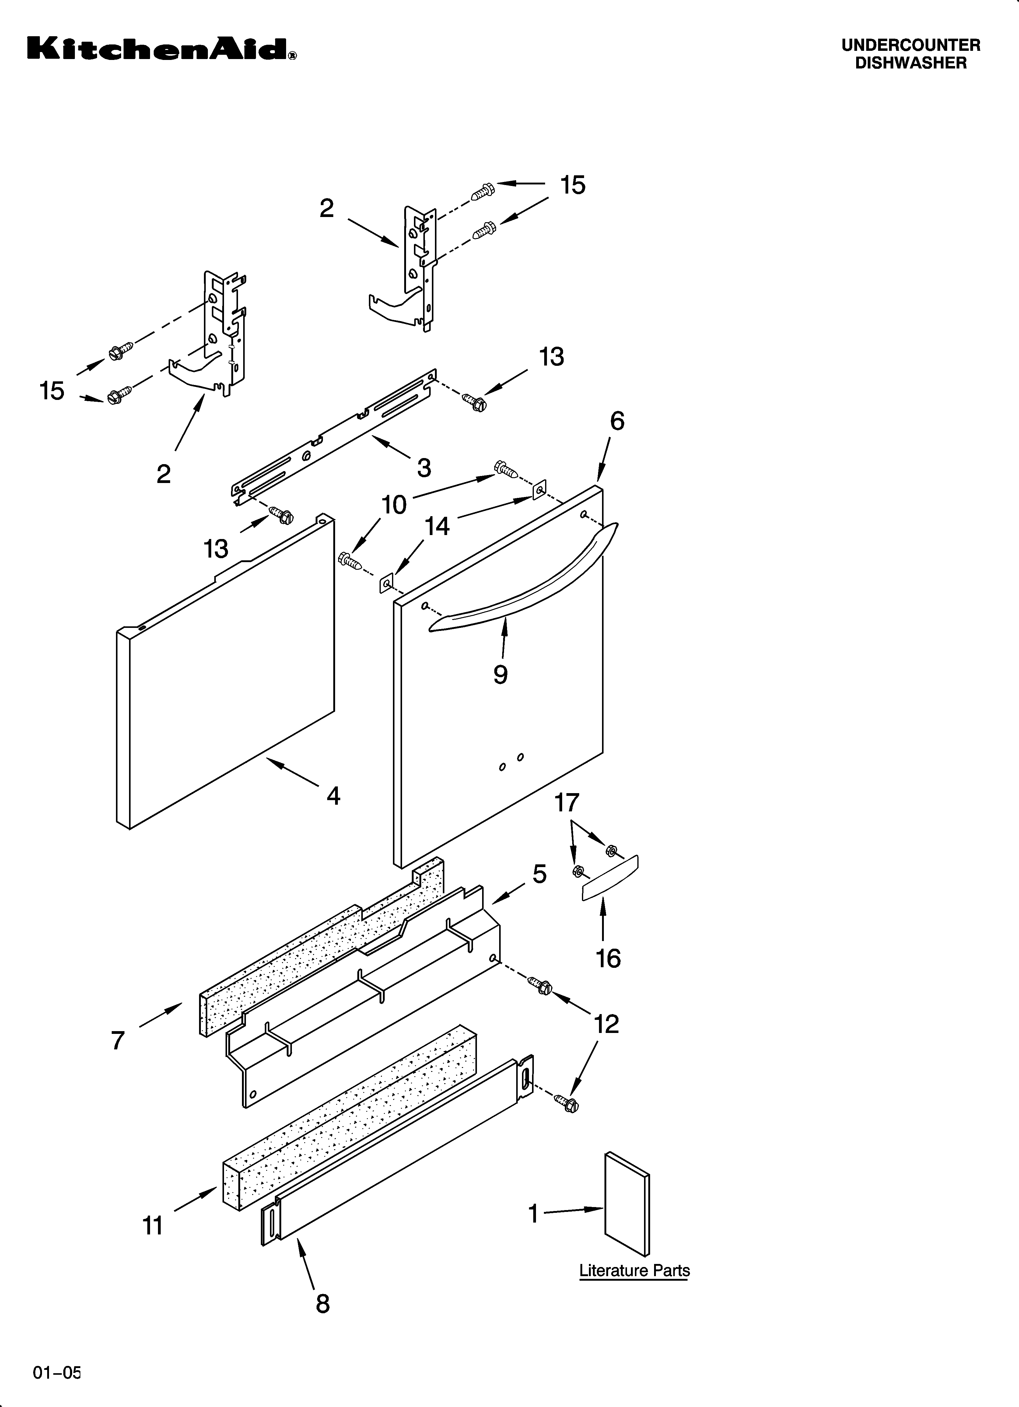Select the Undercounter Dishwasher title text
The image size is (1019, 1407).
(910, 54)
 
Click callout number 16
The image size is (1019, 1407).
(608, 958)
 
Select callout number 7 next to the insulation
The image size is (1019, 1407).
(118, 1040)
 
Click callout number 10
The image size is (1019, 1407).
(394, 505)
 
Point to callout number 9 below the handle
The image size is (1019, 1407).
(500, 674)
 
